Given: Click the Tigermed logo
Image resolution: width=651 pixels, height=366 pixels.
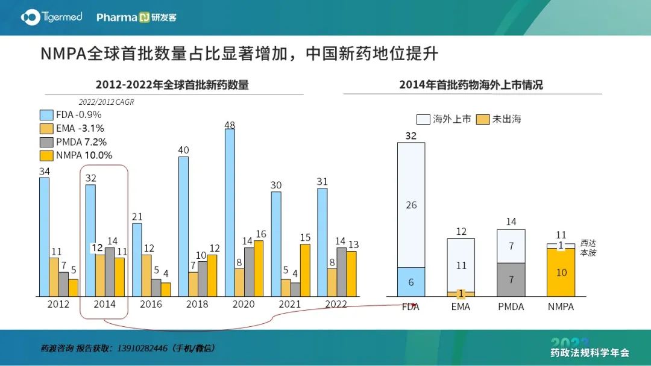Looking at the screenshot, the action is [51, 17].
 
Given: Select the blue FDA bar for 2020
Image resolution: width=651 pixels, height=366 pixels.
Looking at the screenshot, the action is [230, 212].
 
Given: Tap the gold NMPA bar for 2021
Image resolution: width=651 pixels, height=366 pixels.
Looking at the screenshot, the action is [305, 270].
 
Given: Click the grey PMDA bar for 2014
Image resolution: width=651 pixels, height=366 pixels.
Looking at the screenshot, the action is [110, 272].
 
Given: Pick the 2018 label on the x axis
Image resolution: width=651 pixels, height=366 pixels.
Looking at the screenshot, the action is [197, 304].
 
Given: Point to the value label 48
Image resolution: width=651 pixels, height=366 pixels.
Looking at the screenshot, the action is [230, 125].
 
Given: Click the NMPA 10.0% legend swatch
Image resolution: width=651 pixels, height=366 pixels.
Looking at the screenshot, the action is [46, 156].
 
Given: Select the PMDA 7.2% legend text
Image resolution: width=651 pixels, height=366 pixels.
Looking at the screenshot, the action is [81, 142].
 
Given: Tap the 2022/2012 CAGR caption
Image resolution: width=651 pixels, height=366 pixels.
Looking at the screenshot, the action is [106, 102].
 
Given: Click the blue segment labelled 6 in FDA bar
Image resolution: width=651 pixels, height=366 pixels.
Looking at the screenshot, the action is [411, 282].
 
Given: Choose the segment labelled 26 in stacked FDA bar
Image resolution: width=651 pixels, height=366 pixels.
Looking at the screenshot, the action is [411, 205].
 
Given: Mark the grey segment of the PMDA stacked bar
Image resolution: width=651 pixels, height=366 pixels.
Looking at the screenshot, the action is [511, 280].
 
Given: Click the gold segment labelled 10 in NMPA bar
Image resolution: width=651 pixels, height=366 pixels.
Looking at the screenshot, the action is [561, 272].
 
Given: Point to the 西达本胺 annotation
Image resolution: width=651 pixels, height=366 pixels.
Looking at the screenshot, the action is [588, 248].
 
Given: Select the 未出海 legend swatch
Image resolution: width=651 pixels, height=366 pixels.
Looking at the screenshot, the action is [482, 119].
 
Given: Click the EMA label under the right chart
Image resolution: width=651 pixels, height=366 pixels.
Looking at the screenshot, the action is [461, 307].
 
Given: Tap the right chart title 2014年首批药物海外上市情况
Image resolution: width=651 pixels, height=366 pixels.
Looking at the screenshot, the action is [471, 84].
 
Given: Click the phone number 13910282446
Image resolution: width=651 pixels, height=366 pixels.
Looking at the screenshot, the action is [142, 348].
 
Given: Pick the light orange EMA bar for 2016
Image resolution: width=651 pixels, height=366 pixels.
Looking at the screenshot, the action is [146, 276].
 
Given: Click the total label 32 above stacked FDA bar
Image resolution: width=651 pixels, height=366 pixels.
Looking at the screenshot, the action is [411, 136].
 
